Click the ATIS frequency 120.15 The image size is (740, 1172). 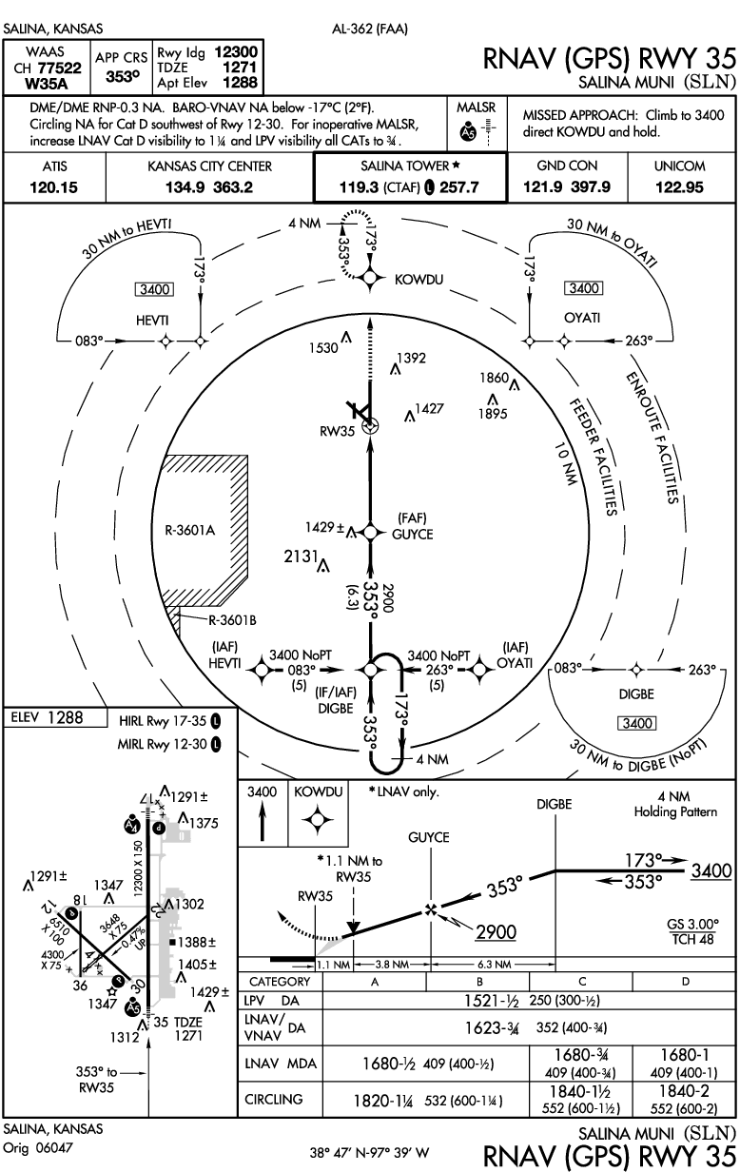click(54, 187)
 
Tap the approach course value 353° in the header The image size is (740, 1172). click(123, 76)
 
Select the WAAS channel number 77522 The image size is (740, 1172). click(60, 68)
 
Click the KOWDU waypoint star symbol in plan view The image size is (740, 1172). click(370, 279)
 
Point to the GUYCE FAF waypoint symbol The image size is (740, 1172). click(370, 532)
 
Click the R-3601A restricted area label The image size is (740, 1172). click(190, 531)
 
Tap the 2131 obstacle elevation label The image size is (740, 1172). click(301, 557)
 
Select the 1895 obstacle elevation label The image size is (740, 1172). click(493, 414)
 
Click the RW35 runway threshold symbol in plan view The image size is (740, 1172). click(370, 426)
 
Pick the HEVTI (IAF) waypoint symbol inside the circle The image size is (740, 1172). click(262, 670)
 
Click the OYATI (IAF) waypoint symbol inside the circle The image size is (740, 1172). click(478, 670)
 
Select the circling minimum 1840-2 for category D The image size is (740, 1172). click(684, 1091)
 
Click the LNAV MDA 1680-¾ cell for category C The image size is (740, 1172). click(581, 1054)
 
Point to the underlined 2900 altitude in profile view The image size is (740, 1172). click(496, 932)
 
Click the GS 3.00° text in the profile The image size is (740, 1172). click(692, 924)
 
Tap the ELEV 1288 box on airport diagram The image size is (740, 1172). click(55, 717)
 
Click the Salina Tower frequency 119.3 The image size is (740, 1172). click(359, 187)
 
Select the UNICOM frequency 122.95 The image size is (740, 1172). click(679, 187)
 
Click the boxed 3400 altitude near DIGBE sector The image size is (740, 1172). click(637, 723)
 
